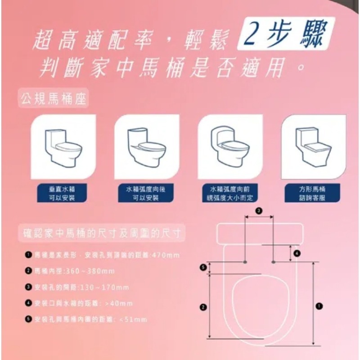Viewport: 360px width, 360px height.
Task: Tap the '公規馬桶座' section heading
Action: pos(54,98)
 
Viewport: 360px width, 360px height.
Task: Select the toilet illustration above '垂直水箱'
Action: pos(63,147)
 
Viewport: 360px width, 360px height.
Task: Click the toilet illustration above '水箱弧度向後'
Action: pos(146,147)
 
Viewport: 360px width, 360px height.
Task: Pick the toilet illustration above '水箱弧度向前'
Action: pos(230,147)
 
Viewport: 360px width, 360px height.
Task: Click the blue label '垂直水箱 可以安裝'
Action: pos(63,193)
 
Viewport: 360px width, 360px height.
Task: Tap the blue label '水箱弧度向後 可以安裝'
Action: pos(146,193)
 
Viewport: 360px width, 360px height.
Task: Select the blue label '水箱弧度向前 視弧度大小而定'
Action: pos(230,193)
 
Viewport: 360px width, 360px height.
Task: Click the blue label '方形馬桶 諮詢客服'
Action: pos(312,193)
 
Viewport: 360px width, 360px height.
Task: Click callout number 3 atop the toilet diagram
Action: pos(259,211)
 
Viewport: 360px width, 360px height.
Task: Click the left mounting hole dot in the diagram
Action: pos(244,261)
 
